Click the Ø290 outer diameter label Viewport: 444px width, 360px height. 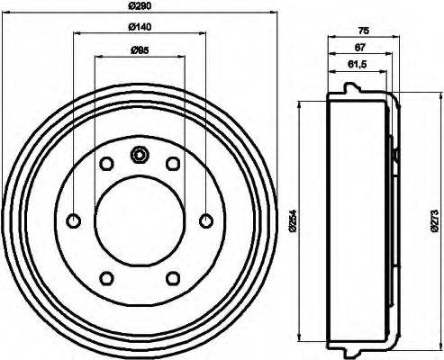click(139, 7)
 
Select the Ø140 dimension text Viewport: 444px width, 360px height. click(139, 29)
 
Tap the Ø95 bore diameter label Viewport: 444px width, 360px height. click(139, 50)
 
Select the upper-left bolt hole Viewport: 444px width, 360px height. click(106, 164)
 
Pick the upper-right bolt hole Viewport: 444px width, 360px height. click(172, 164)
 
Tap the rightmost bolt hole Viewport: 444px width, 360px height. click(205, 220)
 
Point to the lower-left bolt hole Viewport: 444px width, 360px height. click(106, 277)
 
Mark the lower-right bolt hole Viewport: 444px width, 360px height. click(172, 277)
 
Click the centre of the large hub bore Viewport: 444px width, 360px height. click(140, 220)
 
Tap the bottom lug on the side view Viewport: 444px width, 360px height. click(348, 349)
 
